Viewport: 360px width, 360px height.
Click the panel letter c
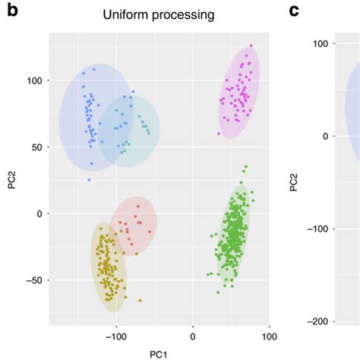[x=295, y=13]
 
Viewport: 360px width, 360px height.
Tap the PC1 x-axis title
[x=157, y=354]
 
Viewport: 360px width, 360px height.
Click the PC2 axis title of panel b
[x=10, y=179]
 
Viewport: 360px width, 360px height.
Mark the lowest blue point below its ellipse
[x=88, y=180]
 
